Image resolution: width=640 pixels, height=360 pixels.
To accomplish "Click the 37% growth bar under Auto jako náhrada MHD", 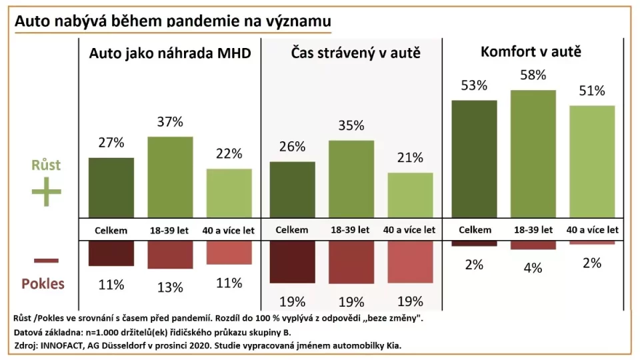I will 170,177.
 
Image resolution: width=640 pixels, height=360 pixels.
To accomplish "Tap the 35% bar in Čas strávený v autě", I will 351,179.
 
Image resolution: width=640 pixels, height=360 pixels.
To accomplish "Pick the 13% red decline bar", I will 170,255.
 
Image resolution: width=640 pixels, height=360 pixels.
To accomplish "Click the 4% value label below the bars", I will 533,268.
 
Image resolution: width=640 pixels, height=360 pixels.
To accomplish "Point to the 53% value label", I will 474,85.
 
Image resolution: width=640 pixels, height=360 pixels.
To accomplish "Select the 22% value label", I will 229,153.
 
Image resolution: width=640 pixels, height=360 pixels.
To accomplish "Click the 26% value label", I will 292,146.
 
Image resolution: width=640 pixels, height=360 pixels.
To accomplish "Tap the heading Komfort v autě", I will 531,51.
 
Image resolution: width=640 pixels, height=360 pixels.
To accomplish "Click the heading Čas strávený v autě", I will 356,53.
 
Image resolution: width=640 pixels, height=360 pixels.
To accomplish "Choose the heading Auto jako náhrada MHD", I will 170,53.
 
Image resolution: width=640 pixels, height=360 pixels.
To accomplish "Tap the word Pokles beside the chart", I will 43,283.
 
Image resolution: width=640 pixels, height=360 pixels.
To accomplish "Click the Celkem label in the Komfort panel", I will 474,229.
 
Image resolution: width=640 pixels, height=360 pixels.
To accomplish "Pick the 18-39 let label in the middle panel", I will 351,229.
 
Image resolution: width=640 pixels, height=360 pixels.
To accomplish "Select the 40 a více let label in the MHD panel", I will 229,229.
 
